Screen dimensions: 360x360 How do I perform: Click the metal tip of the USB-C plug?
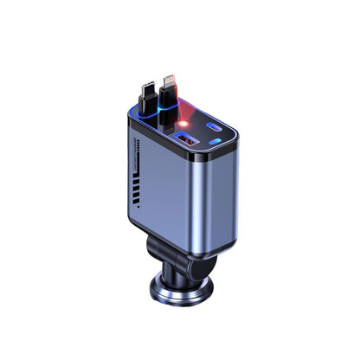[x=144, y=89]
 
